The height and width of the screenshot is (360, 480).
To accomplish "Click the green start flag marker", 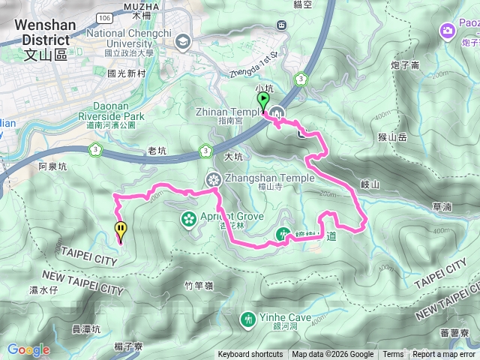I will pyautogui.click(x=263, y=100).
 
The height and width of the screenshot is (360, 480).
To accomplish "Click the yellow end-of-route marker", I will pyautogui.click(x=120, y=229).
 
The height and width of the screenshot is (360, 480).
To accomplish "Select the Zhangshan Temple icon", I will pyautogui.click(x=214, y=178).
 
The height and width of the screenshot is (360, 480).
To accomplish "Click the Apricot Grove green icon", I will pyautogui.click(x=188, y=219).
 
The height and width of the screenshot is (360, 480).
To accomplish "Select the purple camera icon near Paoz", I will pyautogui.click(x=447, y=31).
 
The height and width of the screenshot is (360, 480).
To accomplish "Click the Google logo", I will pyautogui.click(x=28, y=349).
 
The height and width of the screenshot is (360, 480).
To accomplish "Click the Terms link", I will pyautogui.click(x=393, y=355).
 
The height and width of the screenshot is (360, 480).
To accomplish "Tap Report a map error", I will pyautogui.click(x=444, y=355).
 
